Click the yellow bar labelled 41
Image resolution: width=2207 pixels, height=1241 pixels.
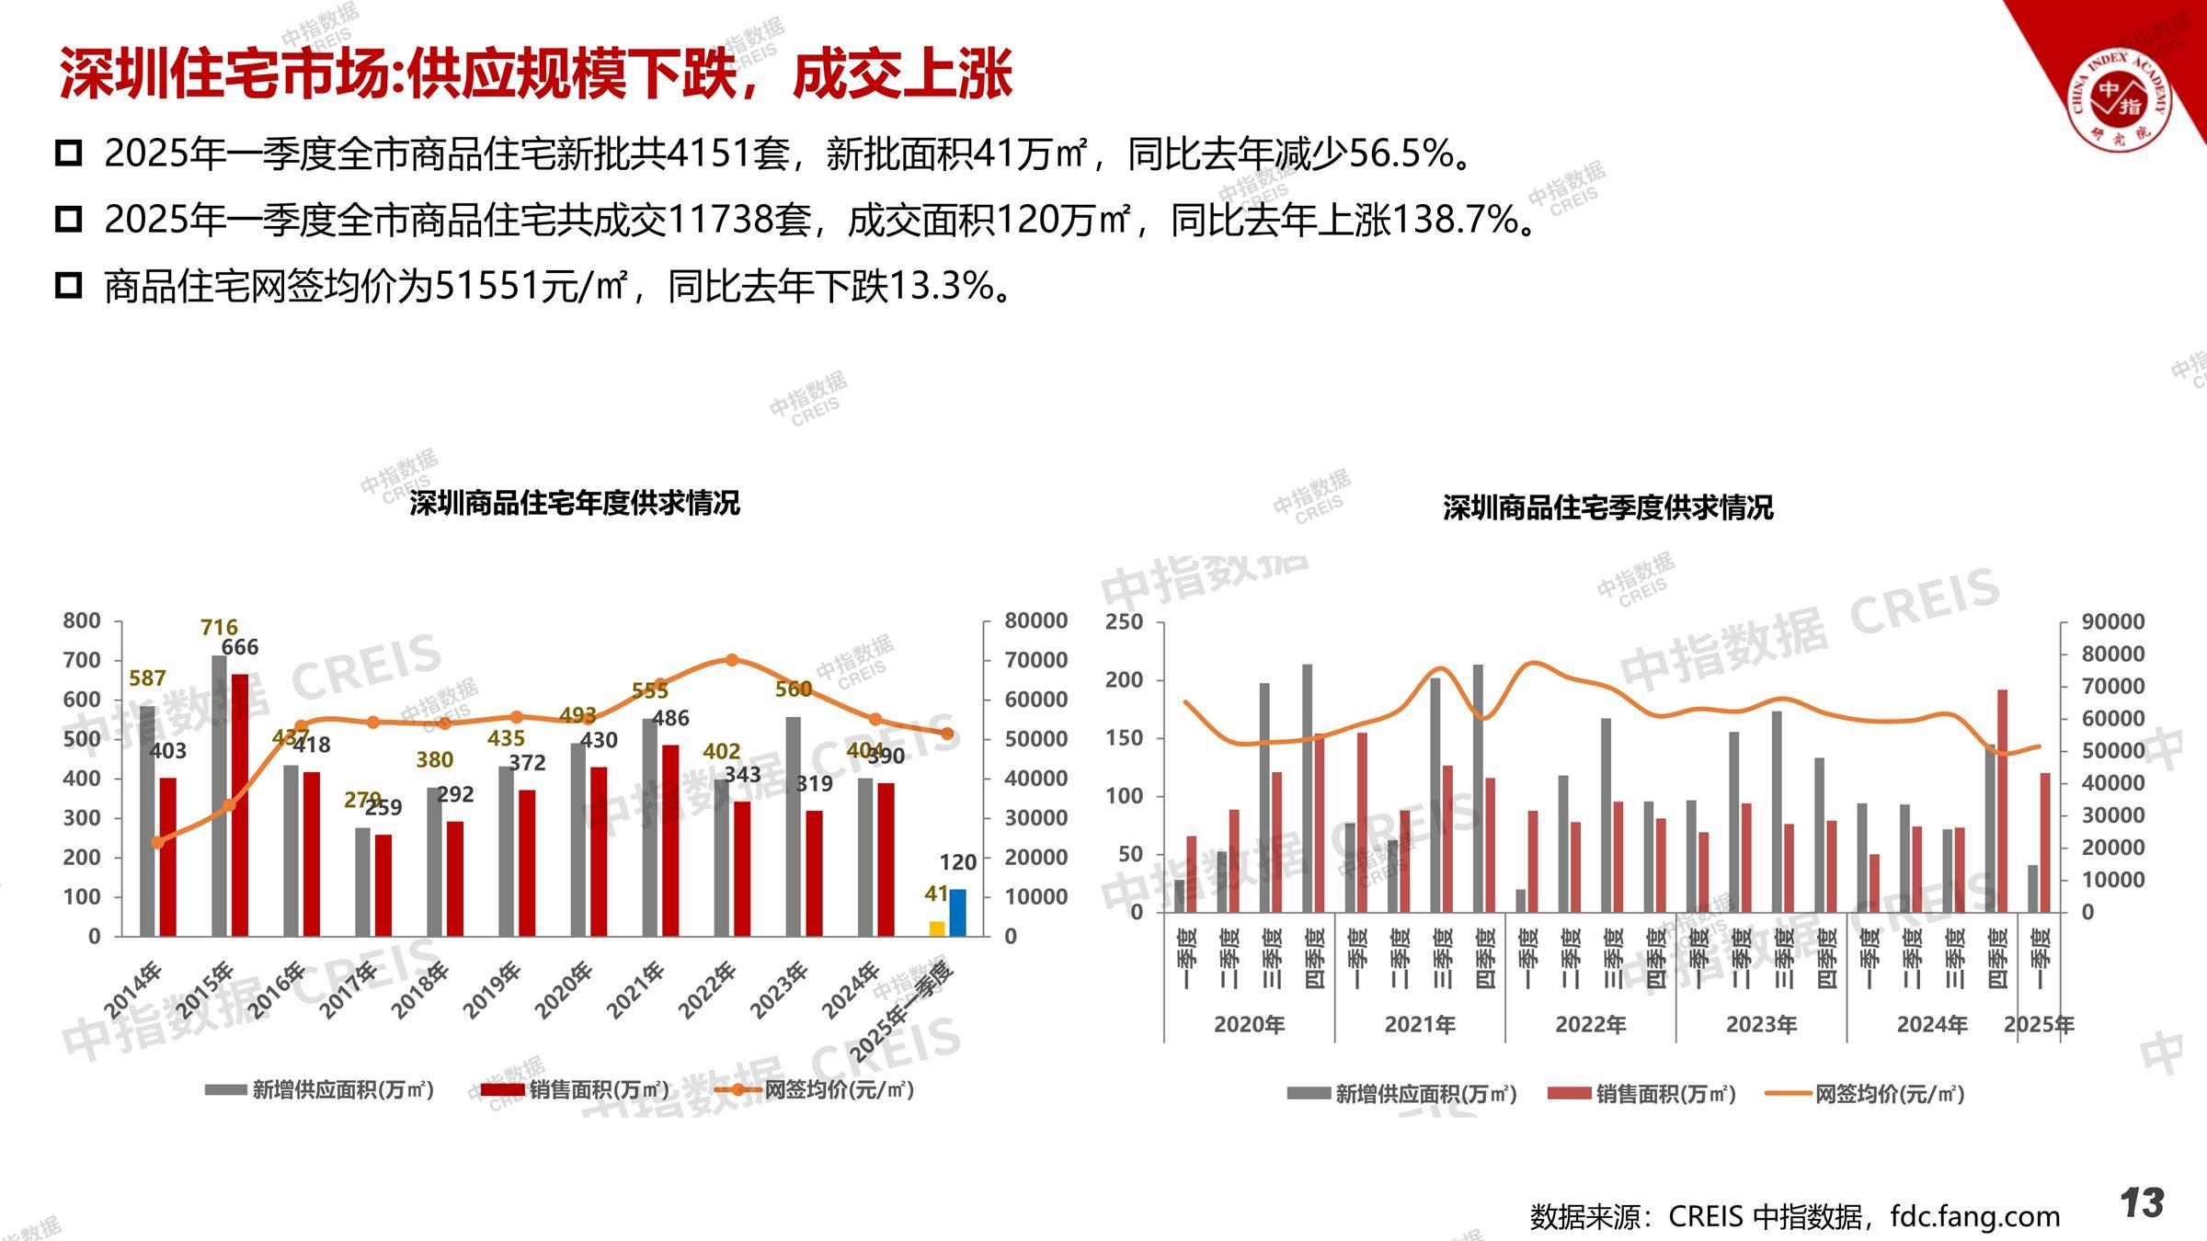tap(937, 928)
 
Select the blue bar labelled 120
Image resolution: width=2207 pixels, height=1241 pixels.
tap(957, 913)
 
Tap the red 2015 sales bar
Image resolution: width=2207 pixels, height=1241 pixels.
tap(239, 805)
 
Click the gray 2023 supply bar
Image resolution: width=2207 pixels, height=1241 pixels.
tap(794, 826)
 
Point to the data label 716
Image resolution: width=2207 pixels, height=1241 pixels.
tap(219, 628)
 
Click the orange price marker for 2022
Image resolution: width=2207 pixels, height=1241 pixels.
tap(732, 660)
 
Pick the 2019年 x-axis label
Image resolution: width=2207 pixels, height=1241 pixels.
tap(491, 990)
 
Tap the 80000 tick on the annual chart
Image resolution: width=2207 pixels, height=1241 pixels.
tap(1035, 620)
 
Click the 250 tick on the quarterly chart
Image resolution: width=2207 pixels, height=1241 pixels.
tap(1124, 622)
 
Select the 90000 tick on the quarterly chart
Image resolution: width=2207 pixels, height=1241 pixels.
tap(2113, 622)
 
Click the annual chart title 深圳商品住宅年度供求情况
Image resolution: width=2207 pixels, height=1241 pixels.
tap(575, 504)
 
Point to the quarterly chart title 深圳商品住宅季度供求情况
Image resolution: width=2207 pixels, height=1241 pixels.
tap(1607, 507)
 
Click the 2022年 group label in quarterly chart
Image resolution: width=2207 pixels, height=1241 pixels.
tap(1590, 1024)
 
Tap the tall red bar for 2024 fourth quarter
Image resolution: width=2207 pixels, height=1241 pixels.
tap(2002, 801)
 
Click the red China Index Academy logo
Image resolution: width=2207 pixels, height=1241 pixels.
tap(2119, 99)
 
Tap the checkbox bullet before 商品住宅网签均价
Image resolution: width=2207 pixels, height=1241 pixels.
tap(69, 286)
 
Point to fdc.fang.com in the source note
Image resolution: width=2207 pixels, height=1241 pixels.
tap(1974, 1216)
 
